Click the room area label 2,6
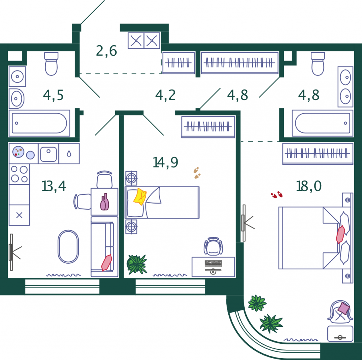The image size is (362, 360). (106, 51)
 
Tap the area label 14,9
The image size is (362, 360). (165, 162)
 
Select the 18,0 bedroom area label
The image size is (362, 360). (309, 186)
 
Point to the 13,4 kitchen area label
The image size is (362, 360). (54, 186)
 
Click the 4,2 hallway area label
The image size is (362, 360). (165, 95)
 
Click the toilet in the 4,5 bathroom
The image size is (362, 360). (51, 64)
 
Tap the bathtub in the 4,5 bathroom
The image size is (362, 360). (39, 123)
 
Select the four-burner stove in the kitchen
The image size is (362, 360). (19, 174)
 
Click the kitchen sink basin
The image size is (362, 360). (48, 154)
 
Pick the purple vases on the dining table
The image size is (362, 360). (105, 202)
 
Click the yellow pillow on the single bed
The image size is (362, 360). (140, 196)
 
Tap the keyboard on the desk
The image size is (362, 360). (213, 263)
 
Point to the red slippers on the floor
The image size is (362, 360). (276, 195)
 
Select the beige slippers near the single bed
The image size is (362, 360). (197, 173)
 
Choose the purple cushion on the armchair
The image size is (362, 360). (344, 308)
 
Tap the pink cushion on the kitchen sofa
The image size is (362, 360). (107, 262)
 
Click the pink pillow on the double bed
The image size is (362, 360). (340, 234)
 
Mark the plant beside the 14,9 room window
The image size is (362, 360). (137, 264)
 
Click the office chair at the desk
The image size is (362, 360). (213, 246)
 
